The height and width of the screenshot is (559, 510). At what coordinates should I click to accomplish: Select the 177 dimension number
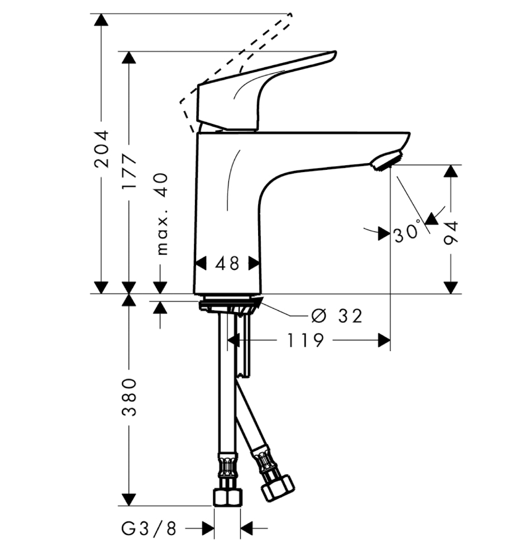130,171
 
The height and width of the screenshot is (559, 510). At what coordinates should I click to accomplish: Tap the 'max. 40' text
161,213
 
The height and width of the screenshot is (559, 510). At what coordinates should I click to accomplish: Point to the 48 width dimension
227,263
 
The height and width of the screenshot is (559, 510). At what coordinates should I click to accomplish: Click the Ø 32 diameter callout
337,316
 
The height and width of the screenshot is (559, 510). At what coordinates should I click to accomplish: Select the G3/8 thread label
149,527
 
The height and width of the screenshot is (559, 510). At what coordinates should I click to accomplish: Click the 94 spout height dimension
451,233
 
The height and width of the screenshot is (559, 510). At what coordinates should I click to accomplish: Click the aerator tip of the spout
385,161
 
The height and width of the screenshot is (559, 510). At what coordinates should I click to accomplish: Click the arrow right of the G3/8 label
208,527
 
